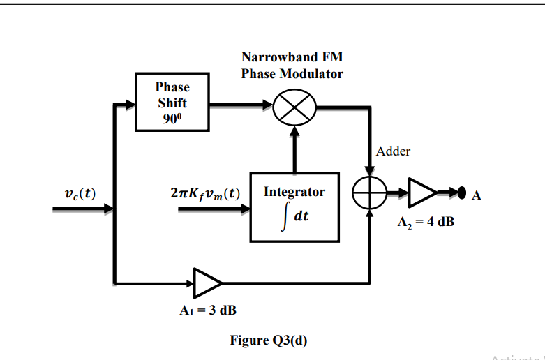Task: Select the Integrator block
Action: tap(294, 207)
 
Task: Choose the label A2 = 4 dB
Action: tap(421, 223)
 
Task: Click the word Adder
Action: tap(393, 151)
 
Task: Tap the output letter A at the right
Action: tap(476, 195)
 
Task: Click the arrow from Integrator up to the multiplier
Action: tap(294, 150)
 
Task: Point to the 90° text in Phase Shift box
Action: tap(172, 117)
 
